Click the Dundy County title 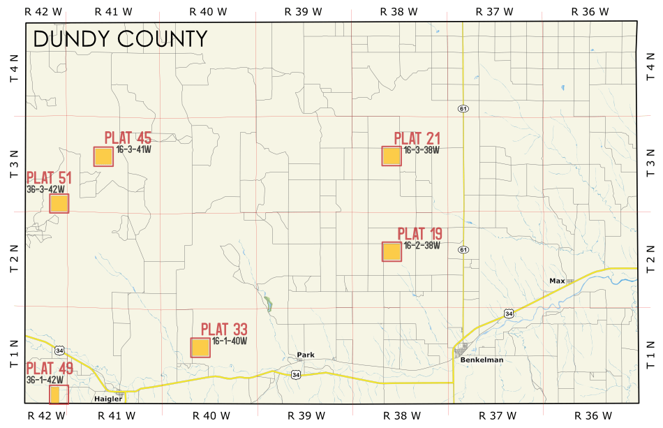pyautogui.click(x=120, y=39)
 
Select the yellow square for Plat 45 pyautogui.click(x=103, y=156)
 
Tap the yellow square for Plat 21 pyautogui.click(x=392, y=156)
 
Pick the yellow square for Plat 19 pyautogui.click(x=392, y=251)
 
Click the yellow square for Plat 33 pyautogui.click(x=200, y=348)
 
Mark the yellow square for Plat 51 pyautogui.click(x=59, y=203)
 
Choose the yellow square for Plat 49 pyautogui.click(x=59, y=394)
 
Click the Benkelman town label pyautogui.click(x=482, y=360)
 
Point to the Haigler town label pyautogui.click(x=108, y=399)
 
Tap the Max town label pyautogui.click(x=556, y=281)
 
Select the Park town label pyautogui.click(x=306, y=355)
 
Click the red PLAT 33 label pyautogui.click(x=224, y=330)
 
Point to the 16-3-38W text pyautogui.click(x=421, y=150)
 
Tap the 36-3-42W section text pyautogui.click(x=45, y=189)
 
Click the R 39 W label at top pyautogui.click(x=304, y=11)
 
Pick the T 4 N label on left pyautogui.click(x=13, y=70)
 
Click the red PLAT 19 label pyautogui.click(x=419, y=234)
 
